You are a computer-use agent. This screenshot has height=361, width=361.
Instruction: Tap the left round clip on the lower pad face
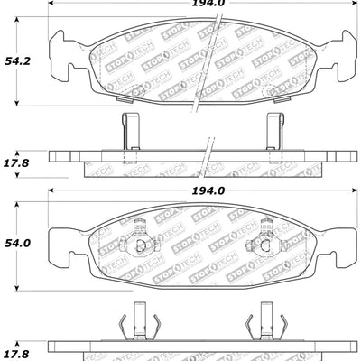[138, 243]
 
